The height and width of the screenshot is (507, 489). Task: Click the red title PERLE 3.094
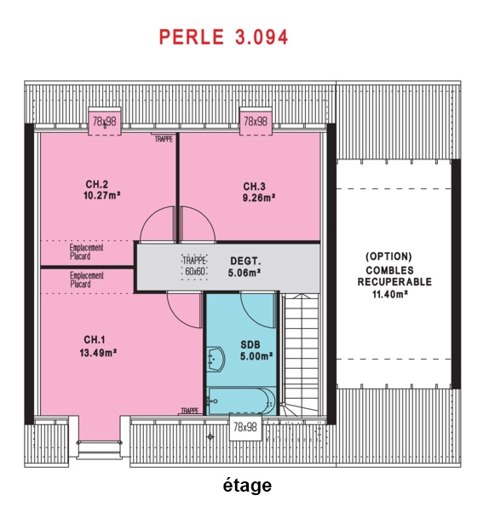[223, 37]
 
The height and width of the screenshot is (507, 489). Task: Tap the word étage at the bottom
[247, 485]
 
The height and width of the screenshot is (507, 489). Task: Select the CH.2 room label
[96, 184]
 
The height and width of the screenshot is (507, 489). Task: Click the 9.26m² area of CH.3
[259, 198]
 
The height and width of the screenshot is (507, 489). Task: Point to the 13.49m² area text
[98, 353]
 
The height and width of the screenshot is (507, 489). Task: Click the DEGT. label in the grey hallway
[245, 261]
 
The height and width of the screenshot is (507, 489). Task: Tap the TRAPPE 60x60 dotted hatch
[194, 267]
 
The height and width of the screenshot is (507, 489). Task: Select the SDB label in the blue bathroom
[250, 345]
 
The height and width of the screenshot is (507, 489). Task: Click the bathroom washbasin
[216, 359]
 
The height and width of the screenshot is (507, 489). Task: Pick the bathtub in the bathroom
[241, 401]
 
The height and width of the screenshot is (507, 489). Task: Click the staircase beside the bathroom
[301, 354]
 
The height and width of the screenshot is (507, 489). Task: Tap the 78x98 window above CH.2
[105, 121]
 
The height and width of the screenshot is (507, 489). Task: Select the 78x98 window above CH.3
[256, 121]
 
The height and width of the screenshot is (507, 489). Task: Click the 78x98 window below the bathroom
[245, 427]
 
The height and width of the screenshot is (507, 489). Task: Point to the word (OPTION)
[388, 256]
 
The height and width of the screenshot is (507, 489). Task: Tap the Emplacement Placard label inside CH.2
[87, 252]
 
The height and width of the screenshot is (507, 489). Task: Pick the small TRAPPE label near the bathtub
[190, 411]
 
